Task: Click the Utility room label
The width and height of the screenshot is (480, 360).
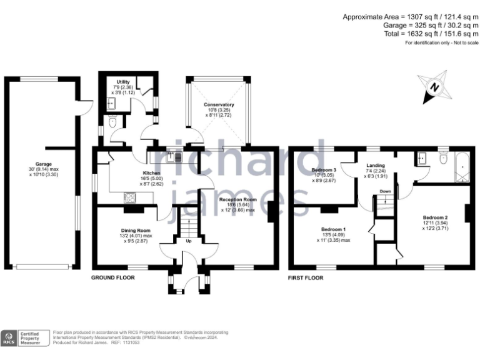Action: tap(122, 82)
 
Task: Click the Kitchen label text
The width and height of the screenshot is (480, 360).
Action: tap(152, 173)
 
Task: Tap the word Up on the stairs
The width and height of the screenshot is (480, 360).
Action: tap(187, 240)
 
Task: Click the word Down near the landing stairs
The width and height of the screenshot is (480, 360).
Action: tap(386, 191)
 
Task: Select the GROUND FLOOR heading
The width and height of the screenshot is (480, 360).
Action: tap(114, 277)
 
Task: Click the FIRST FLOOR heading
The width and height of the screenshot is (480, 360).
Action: tap(306, 277)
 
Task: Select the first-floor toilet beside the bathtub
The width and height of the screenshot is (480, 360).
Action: tap(443, 159)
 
